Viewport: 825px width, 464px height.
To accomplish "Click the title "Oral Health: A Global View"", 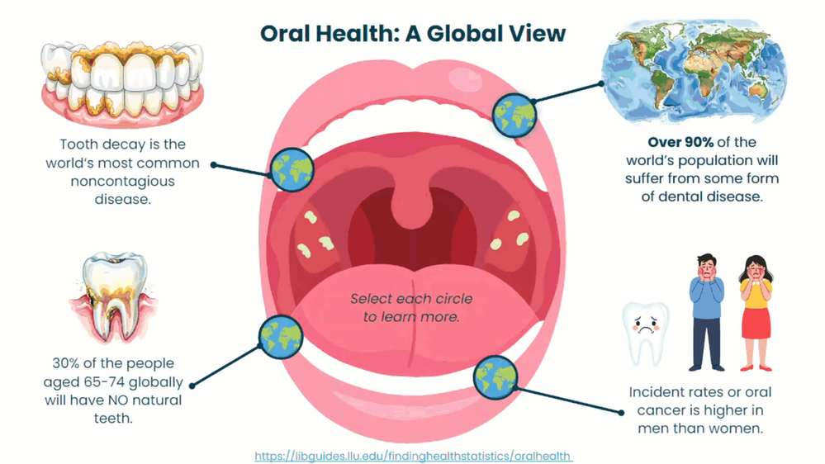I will (412, 33).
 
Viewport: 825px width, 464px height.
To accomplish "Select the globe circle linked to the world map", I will (513, 114).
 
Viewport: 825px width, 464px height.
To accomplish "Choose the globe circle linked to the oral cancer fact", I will (495, 376).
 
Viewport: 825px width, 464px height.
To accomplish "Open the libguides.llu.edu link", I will (413, 456).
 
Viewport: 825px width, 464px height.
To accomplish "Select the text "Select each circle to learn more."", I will (411, 307).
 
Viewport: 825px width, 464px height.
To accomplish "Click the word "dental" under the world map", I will (690, 196).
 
